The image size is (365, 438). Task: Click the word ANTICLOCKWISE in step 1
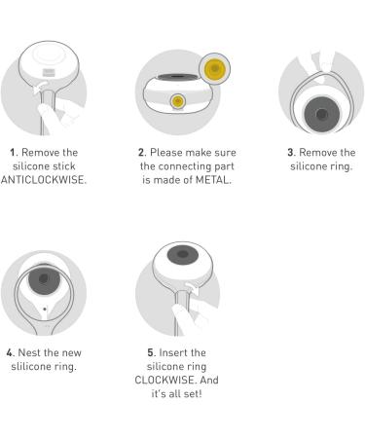(x=43, y=180)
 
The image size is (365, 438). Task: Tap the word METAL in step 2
(x=212, y=180)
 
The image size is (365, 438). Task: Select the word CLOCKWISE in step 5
(x=165, y=380)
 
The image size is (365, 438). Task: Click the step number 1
(x=13, y=152)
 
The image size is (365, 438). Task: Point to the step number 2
(x=141, y=152)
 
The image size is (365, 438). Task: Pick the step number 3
(x=291, y=152)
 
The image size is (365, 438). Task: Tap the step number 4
(x=10, y=352)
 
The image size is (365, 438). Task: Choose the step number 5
(x=151, y=352)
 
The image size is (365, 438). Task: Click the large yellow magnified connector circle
(x=215, y=69)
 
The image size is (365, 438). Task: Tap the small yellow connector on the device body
(x=178, y=101)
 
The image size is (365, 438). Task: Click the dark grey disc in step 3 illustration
(x=322, y=114)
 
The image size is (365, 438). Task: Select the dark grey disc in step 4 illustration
(x=44, y=279)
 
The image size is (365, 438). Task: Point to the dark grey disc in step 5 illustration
(x=183, y=254)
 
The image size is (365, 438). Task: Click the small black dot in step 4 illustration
(x=45, y=310)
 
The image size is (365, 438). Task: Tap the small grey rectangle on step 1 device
(x=49, y=73)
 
